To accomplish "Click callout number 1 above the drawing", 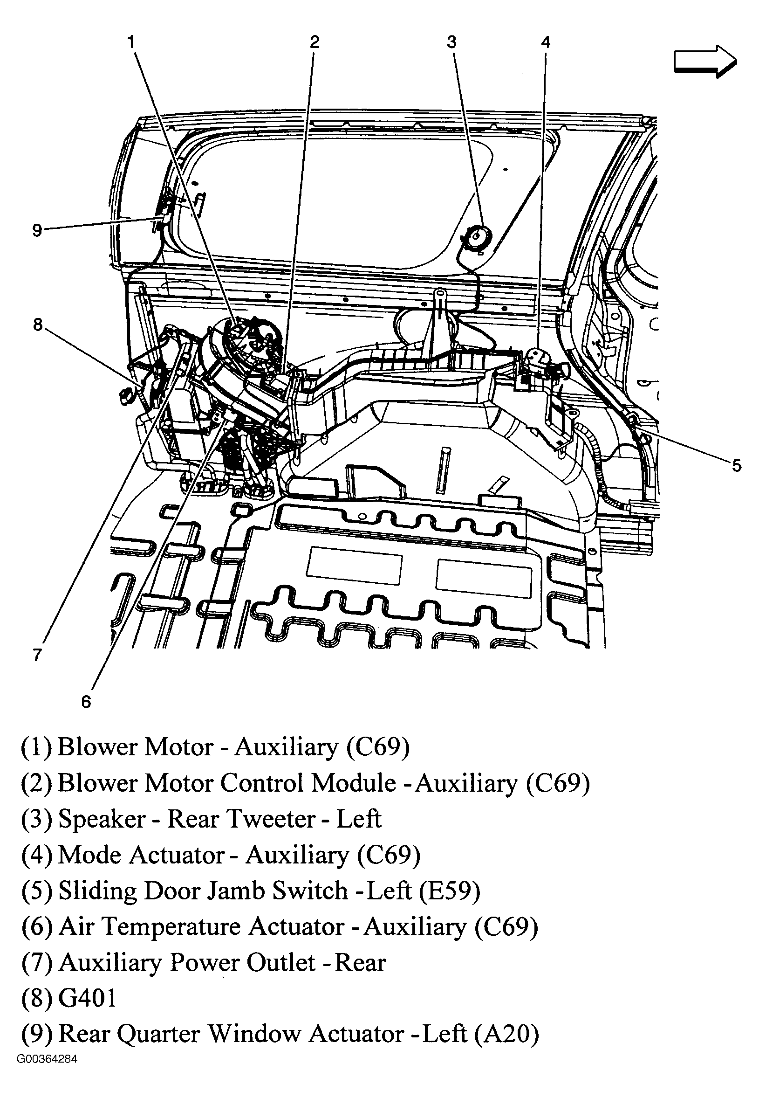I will (131, 43).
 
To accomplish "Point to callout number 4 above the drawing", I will (546, 42).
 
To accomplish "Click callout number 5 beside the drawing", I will (736, 465).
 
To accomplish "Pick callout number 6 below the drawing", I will (86, 702).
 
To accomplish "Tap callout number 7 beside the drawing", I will (38, 655).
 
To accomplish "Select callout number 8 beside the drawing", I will (38, 325).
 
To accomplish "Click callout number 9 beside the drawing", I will (37, 231).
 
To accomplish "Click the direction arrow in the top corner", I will (705, 62).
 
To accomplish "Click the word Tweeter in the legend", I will (271, 819).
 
